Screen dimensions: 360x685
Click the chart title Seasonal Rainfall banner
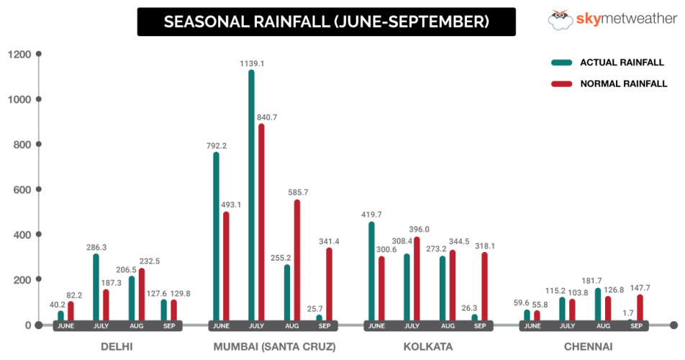click(x=327, y=22)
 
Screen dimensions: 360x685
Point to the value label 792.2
click(x=217, y=145)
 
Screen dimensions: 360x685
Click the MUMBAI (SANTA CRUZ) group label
click(x=274, y=347)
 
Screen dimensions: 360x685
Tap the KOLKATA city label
click(x=428, y=347)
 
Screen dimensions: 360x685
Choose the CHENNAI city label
click(x=588, y=347)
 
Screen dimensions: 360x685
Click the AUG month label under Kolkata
click(x=447, y=326)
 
